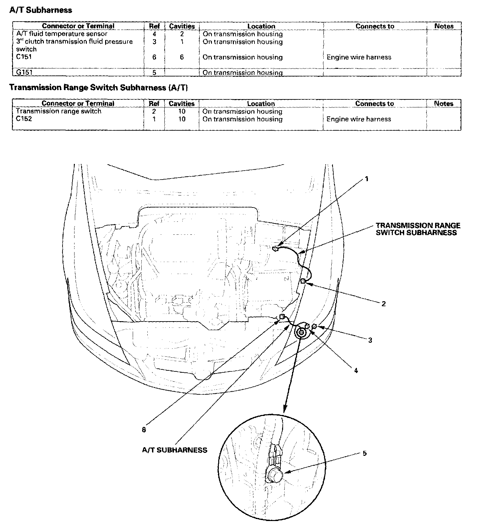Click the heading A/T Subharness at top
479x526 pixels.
(x=41, y=10)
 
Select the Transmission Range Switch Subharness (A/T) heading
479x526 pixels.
(x=98, y=87)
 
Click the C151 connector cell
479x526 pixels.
(x=24, y=57)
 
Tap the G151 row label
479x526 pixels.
(x=24, y=72)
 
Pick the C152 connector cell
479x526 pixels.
(x=24, y=119)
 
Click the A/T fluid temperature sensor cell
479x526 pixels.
(x=62, y=34)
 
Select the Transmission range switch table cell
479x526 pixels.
(x=59, y=111)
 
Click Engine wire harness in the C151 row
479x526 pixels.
(x=359, y=57)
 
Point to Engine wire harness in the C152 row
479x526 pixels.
(x=359, y=119)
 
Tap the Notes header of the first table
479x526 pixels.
(x=444, y=26)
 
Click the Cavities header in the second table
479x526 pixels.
(x=181, y=103)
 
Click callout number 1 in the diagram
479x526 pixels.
(x=367, y=179)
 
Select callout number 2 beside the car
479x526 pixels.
(x=383, y=304)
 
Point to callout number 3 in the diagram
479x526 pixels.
(x=370, y=340)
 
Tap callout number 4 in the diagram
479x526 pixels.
(x=356, y=370)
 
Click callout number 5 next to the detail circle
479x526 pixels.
(x=365, y=453)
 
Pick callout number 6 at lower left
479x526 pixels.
(x=144, y=430)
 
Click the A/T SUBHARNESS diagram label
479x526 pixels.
(x=175, y=450)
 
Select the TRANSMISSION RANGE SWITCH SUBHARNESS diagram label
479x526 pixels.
(x=418, y=229)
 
